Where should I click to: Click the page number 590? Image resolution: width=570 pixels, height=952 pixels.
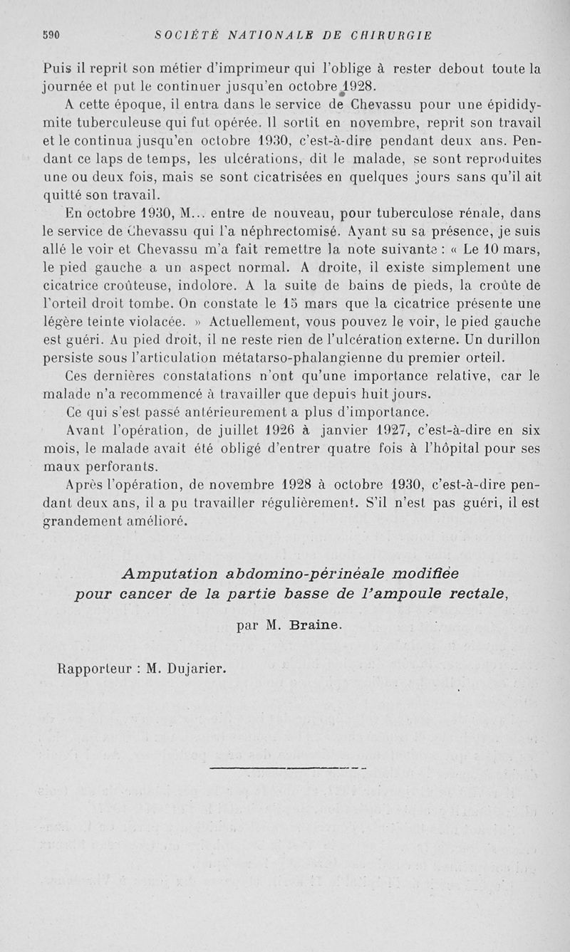point(51,34)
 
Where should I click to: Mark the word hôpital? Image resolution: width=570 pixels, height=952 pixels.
point(460,449)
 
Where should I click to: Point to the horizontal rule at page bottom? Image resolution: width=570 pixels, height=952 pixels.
point(289,768)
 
